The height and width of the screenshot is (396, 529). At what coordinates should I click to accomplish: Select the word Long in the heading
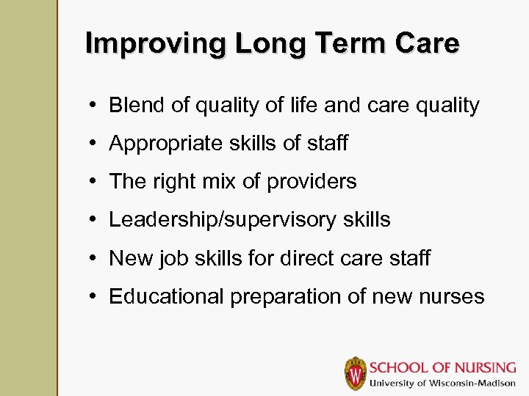(x=270, y=44)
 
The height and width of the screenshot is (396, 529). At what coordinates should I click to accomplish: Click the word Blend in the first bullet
(x=137, y=105)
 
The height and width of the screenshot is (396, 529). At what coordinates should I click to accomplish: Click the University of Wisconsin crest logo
(x=356, y=373)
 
